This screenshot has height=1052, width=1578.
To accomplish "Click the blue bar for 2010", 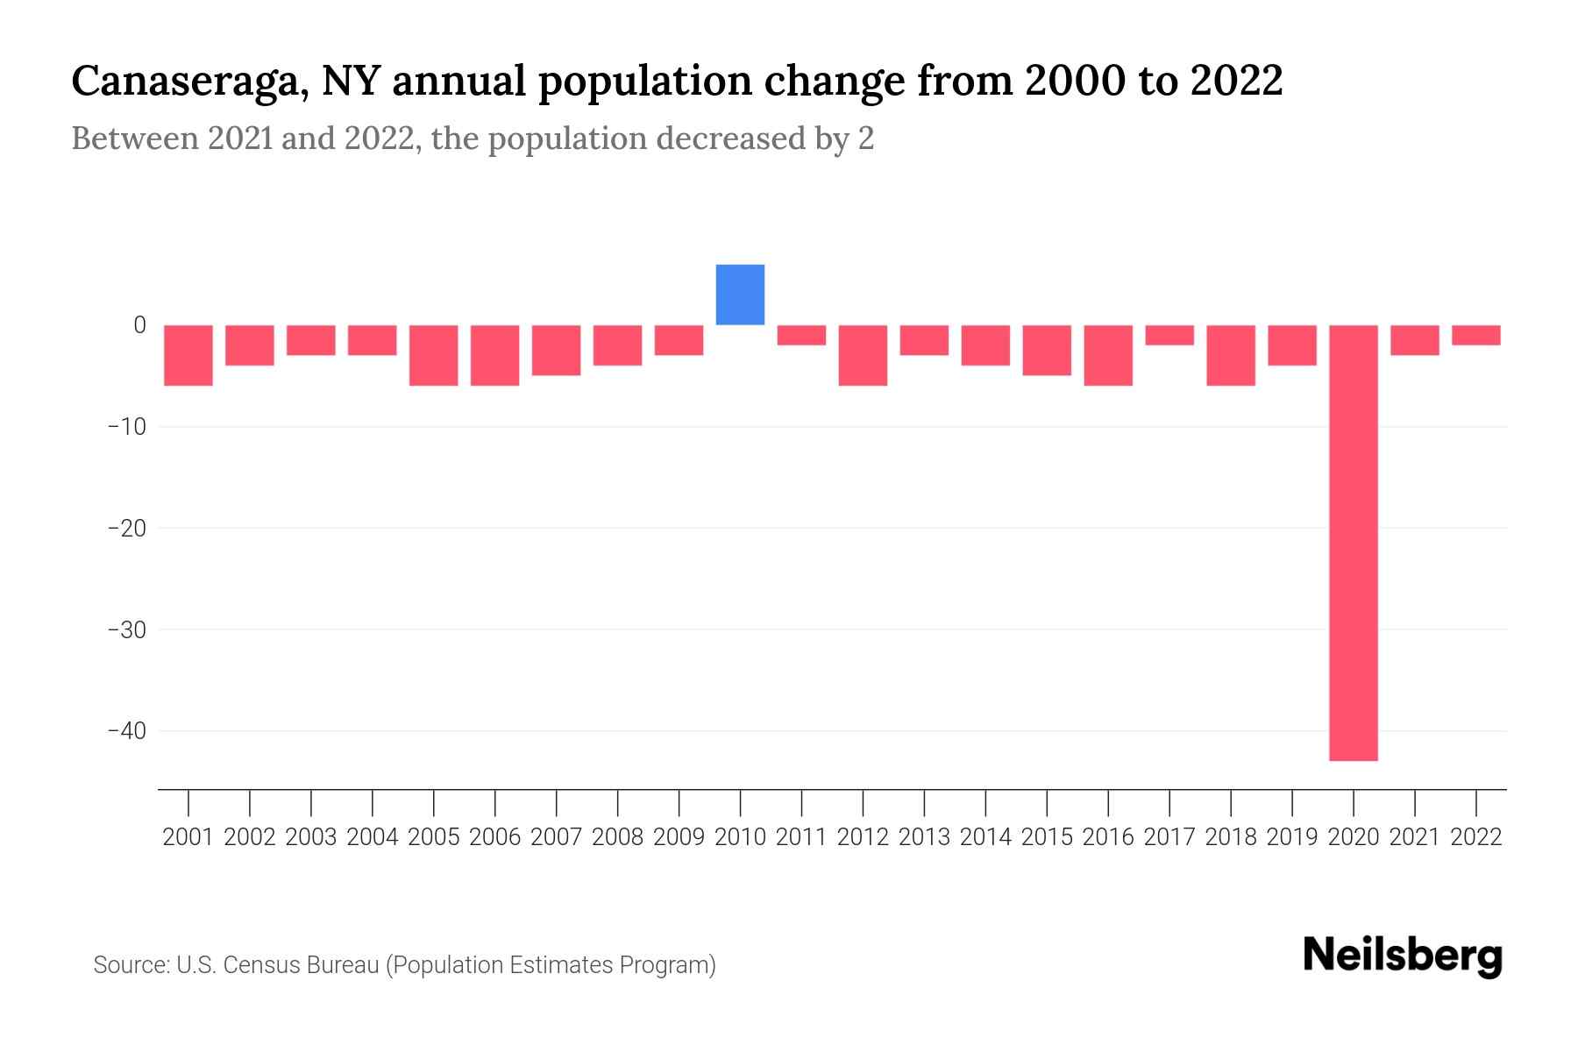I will click(x=740, y=295).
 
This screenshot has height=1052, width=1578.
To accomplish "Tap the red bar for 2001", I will click(x=188, y=355).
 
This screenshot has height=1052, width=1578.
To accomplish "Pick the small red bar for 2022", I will click(x=1476, y=335).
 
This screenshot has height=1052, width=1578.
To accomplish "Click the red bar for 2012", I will click(x=863, y=355).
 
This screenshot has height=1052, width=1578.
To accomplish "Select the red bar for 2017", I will click(x=1169, y=335).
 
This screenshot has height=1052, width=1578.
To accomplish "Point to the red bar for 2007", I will click(x=556, y=350).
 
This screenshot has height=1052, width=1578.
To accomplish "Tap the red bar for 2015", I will click(x=1047, y=350).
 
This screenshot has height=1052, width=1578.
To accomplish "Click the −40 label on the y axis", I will click(x=126, y=731).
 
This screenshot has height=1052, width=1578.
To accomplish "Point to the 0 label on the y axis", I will click(x=139, y=325).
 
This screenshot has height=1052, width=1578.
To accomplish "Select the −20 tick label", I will click(x=126, y=529).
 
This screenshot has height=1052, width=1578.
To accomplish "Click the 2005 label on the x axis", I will click(x=434, y=837).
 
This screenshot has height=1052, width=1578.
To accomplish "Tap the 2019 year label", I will click(x=1292, y=837).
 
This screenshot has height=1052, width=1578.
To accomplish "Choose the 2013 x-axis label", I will click(x=924, y=837).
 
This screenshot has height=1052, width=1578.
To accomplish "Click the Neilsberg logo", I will click(x=1403, y=956).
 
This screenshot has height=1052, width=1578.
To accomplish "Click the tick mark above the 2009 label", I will click(x=679, y=802).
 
